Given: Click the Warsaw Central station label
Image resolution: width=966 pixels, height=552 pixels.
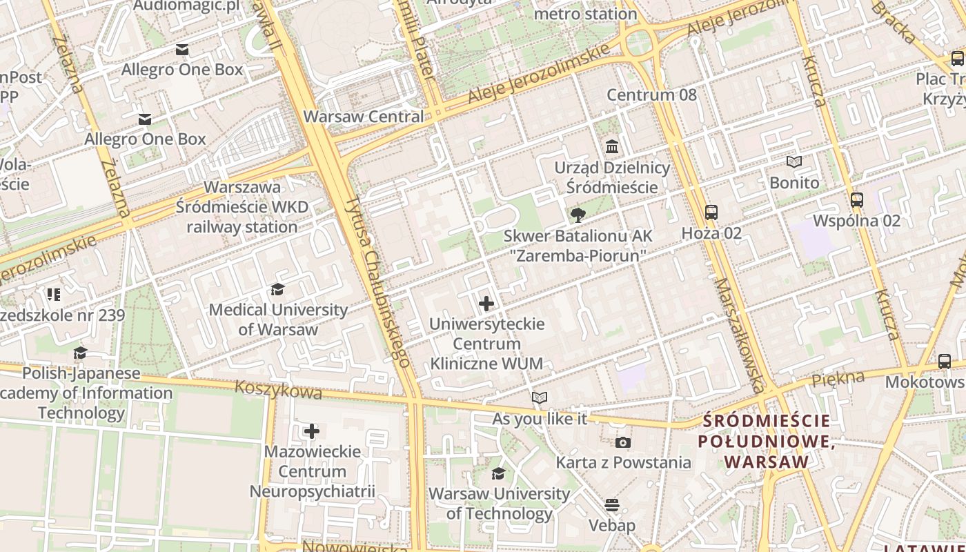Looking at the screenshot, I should tap(364, 117).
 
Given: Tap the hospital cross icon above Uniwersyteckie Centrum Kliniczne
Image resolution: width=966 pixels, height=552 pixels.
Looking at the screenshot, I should tap(486, 303).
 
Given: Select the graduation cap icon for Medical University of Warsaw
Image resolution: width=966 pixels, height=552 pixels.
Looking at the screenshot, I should tap(277, 289).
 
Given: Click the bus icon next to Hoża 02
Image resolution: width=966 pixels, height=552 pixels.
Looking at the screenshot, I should tap(711, 213).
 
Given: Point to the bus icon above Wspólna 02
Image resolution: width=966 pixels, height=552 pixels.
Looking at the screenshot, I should tap(857, 200).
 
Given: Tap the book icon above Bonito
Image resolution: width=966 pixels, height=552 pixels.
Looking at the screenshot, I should tap(794, 161).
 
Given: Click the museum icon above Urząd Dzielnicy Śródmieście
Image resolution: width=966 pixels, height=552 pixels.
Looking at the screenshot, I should tap(611, 147).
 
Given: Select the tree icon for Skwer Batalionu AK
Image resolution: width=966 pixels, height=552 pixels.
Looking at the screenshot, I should tap(578, 215).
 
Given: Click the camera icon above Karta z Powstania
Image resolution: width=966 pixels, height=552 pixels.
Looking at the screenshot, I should tap(622, 442).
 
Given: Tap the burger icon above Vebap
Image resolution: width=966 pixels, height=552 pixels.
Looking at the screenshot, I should tap(611, 505).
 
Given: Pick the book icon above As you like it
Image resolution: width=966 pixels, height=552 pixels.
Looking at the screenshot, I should tap(540, 398).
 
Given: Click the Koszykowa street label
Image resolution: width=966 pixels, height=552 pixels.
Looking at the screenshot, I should tap(278, 389).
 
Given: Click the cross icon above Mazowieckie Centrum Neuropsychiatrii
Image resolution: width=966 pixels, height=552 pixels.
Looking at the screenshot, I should tap(312, 431).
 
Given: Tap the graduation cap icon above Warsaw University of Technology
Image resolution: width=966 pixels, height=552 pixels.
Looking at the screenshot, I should tap(498, 473).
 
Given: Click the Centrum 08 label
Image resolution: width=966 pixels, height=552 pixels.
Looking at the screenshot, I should tap(651, 95).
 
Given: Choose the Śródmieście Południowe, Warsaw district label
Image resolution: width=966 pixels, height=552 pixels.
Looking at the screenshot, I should tap(766, 441).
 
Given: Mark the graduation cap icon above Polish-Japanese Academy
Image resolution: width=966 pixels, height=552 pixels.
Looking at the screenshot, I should tap(81, 353).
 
